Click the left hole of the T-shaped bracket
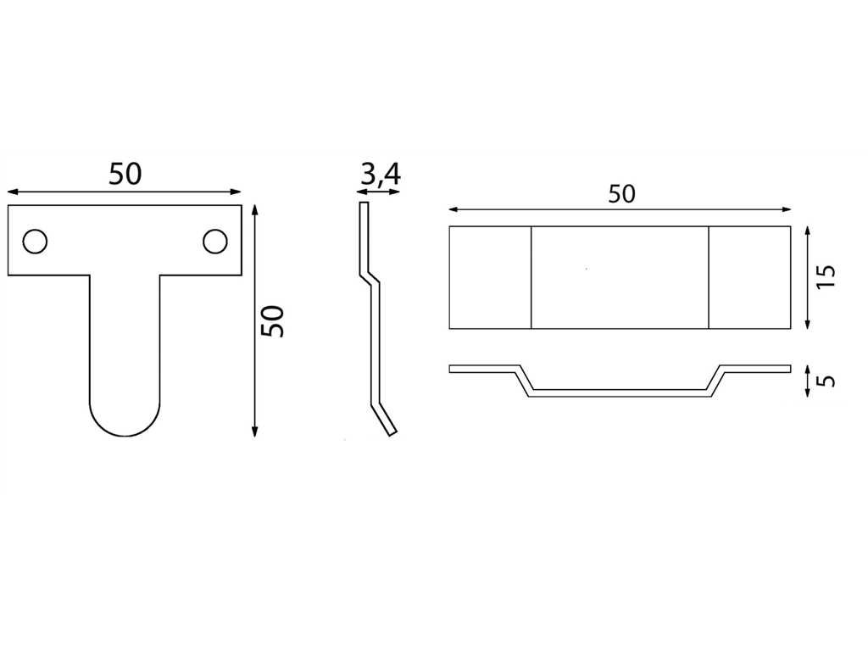35,242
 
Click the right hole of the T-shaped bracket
214,242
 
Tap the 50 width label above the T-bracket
125,173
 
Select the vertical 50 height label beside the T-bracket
273,321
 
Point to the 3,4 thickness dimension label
381,175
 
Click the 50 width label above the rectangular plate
621,194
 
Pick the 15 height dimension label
826,275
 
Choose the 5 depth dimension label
826,381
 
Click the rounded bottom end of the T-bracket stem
125,435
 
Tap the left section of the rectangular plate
491,277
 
